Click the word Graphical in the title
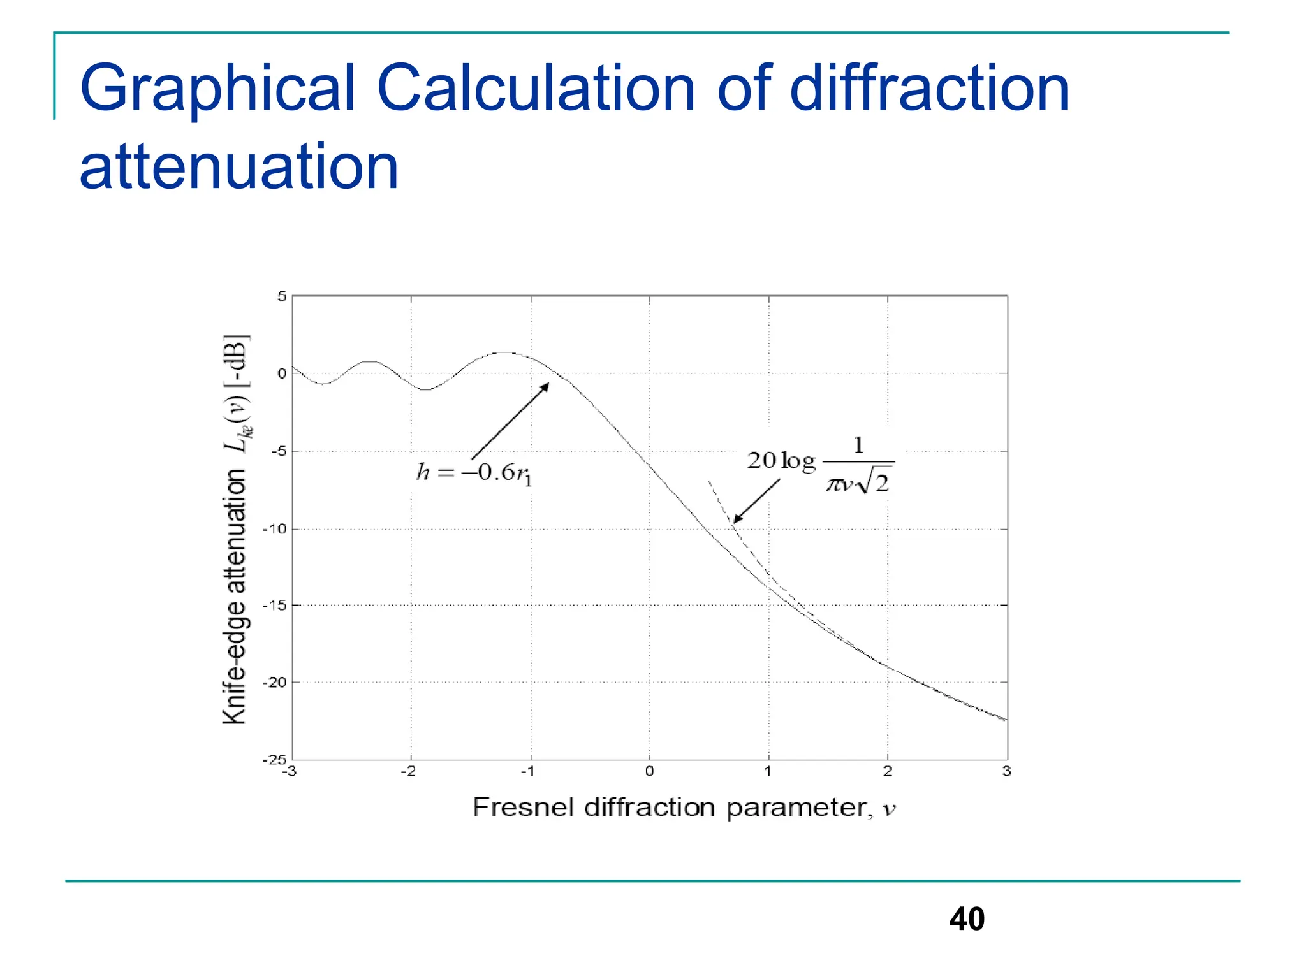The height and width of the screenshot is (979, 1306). (x=217, y=89)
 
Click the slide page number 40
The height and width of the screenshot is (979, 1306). (x=967, y=919)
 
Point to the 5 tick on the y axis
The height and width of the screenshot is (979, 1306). (x=282, y=296)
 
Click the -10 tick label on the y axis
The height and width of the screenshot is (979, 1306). (x=275, y=529)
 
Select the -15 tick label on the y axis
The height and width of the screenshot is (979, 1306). (x=275, y=605)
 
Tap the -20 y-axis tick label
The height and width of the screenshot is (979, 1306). (x=275, y=682)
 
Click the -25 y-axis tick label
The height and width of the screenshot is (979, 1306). (x=275, y=760)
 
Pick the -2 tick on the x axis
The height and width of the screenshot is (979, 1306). (x=408, y=771)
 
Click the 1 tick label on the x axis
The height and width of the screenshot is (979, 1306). (x=768, y=771)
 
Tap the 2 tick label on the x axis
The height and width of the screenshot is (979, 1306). (x=888, y=771)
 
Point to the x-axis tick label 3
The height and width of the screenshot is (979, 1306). (x=1007, y=771)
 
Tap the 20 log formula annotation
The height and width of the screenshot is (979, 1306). (x=821, y=463)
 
